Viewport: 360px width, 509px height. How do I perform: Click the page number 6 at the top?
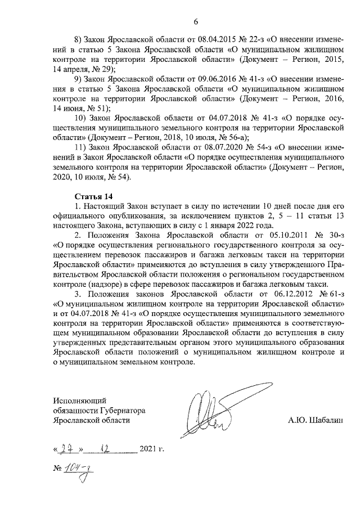pos(196,22)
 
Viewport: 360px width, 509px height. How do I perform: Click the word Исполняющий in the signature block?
pos(80,400)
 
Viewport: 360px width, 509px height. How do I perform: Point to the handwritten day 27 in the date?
pos(68,449)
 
